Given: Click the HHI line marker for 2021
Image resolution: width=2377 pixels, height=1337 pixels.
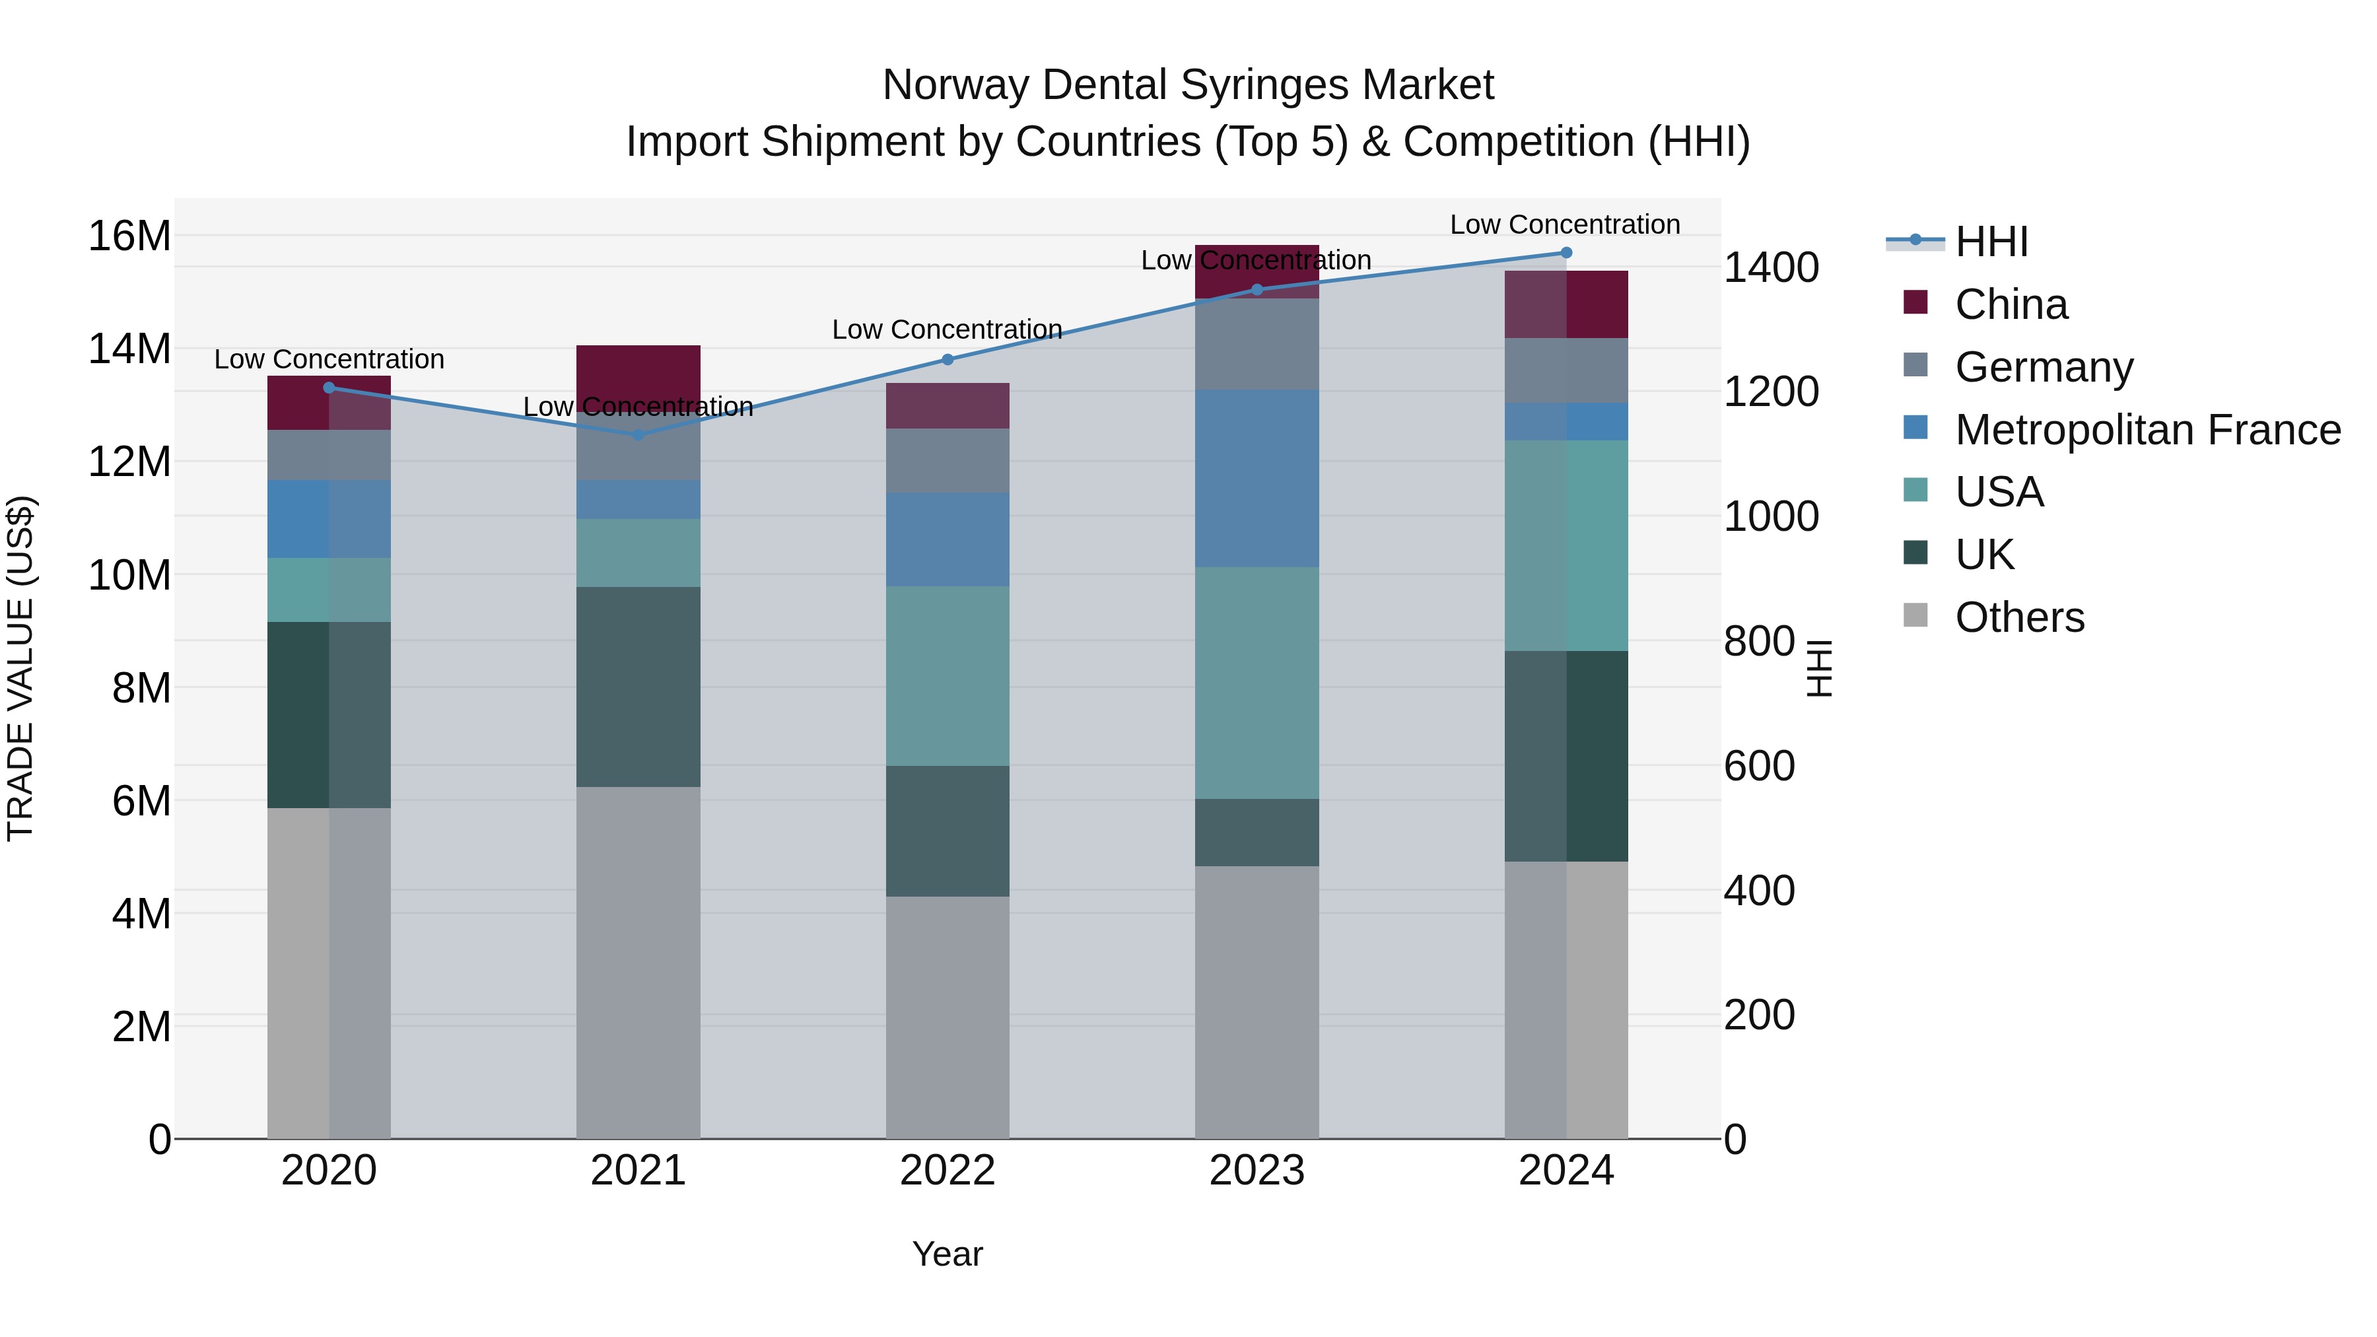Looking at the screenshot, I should click(638, 434).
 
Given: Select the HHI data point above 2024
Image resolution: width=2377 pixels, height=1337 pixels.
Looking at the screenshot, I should click(1566, 253).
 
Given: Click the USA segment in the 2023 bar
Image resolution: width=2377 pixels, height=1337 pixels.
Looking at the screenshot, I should click(1256, 683).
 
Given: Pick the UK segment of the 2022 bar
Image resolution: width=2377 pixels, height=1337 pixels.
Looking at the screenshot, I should click(947, 831).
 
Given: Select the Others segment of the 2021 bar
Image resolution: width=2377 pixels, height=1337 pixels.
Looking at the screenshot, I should click(638, 963).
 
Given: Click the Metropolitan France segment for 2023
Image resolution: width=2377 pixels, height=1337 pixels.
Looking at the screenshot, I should click(1256, 478).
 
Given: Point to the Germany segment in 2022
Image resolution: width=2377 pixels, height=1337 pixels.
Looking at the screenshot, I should click(947, 460).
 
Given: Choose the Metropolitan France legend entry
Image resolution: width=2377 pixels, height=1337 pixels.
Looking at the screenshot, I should click(2147, 430).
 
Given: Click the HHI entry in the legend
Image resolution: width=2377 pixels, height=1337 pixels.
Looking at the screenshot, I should click(1991, 242).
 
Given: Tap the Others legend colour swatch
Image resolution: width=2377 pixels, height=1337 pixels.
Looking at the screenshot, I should click(1915, 615).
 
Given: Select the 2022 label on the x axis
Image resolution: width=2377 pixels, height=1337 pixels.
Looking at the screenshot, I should click(947, 1171).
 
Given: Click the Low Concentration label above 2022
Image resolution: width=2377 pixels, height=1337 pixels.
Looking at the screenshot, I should click(947, 329).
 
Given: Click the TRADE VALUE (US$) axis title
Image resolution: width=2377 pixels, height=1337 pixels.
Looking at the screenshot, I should click(20, 668).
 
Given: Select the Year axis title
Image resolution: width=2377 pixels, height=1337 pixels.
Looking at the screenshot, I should click(947, 1254).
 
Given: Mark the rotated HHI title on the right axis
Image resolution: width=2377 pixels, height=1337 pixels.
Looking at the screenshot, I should click(1819, 668).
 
